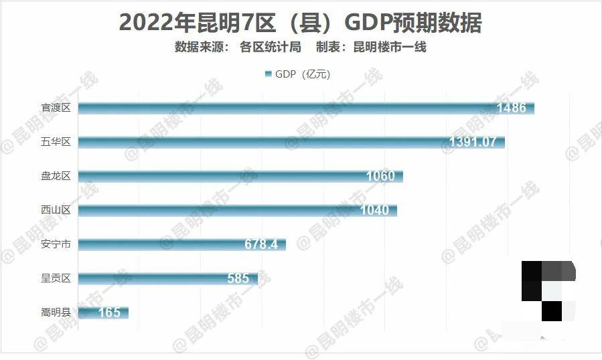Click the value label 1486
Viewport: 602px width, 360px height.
click(x=511, y=108)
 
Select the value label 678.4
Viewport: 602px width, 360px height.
click(x=261, y=244)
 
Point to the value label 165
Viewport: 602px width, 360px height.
click(x=109, y=312)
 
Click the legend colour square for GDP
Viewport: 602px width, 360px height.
click(x=269, y=74)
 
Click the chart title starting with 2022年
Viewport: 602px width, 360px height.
click(x=300, y=23)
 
